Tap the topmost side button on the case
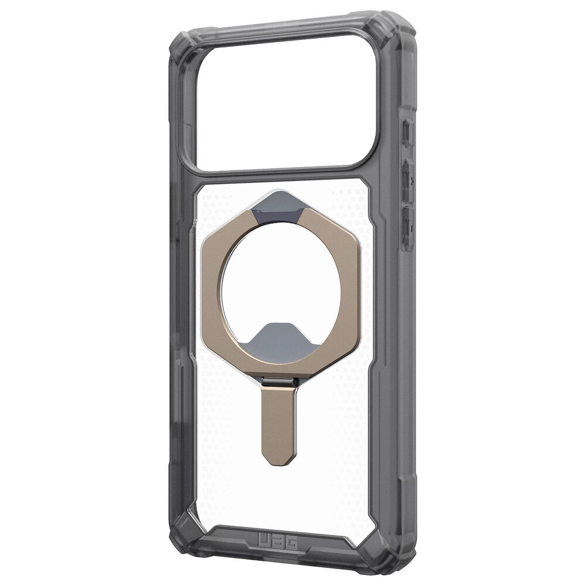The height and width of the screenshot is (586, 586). click(408, 134)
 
